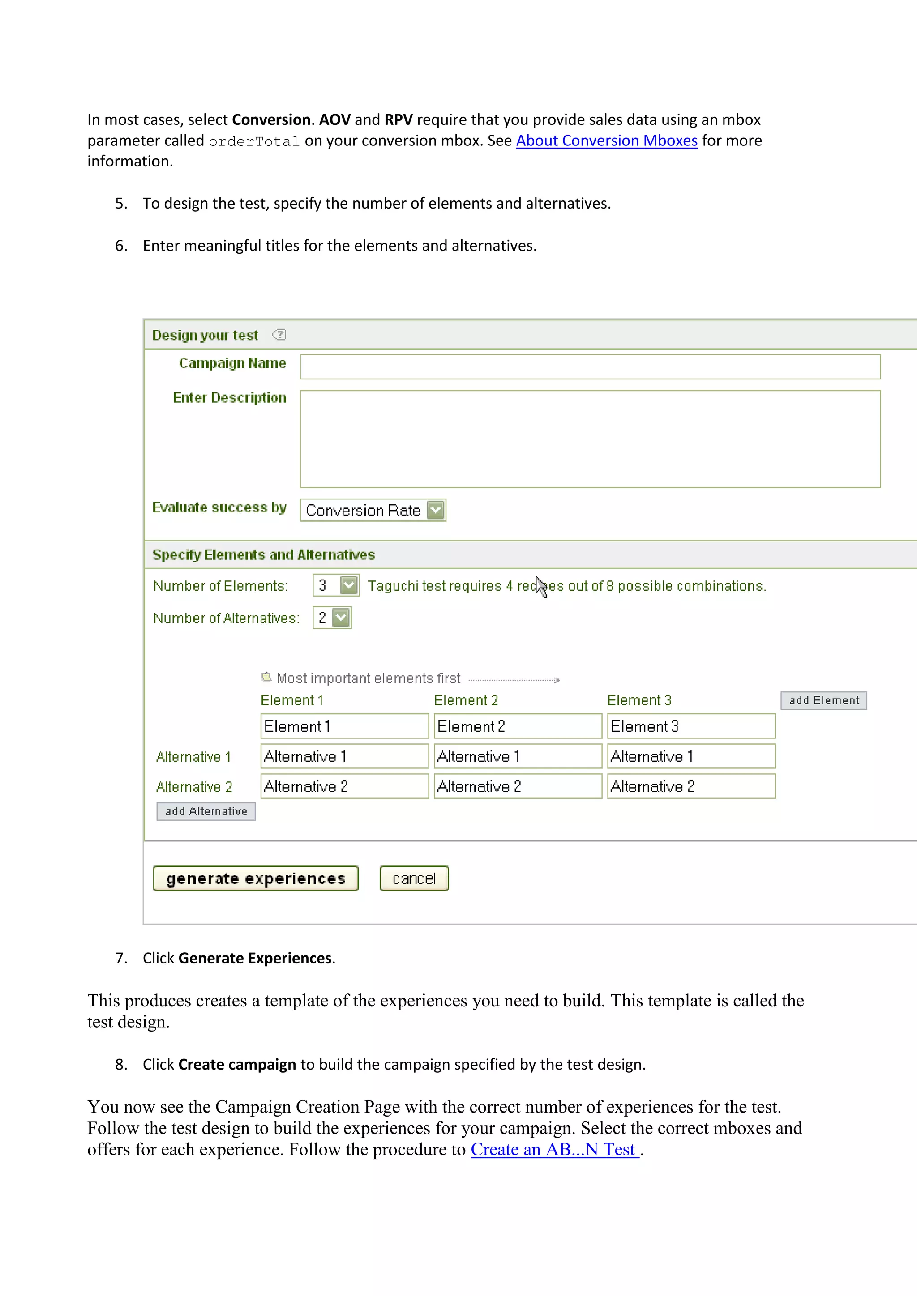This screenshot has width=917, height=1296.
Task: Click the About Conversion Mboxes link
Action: click(606, 141)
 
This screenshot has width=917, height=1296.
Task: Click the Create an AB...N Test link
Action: click(554, 1149)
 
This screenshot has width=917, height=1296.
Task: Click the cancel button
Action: click(414, 878)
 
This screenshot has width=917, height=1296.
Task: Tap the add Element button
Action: click(823, 700)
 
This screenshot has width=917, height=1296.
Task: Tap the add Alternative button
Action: click(206, 811)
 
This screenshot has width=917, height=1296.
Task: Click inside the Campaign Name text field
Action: click(590, 367)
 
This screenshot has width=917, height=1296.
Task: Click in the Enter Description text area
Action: click(590, 439)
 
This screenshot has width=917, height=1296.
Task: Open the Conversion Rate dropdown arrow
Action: click(435, 510)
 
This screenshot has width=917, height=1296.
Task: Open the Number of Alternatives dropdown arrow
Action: click(341, 618)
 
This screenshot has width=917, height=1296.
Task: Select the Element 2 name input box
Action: click(517, 726)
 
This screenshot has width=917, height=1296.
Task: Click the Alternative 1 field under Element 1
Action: click(344, 756)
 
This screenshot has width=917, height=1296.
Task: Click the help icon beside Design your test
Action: click(279, 335)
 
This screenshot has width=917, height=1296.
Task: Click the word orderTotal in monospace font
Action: click(254, 141)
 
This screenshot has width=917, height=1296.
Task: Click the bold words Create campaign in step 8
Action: click(237, 1064)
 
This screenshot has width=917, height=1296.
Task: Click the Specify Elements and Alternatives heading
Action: click(264, 555)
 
